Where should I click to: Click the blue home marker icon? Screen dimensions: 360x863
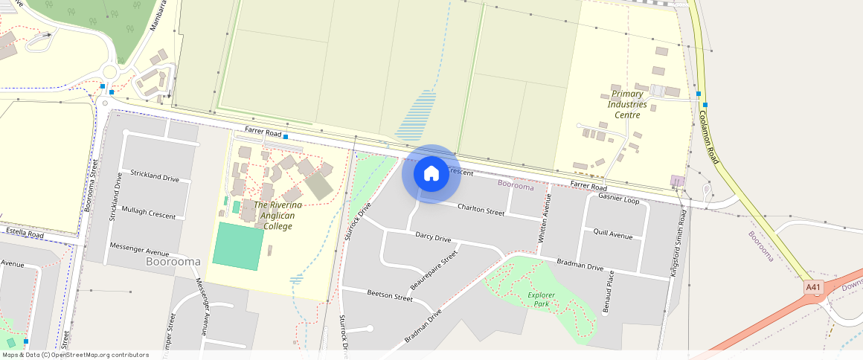tap(431, 174)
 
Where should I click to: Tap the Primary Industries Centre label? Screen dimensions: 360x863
tap(626, 104)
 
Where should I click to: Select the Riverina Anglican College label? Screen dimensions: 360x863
tap(275, 215)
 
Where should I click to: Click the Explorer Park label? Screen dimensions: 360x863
tap(542, 299)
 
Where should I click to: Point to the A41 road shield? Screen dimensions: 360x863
tap(813, 286)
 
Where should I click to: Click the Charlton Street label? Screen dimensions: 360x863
tap(481, 210)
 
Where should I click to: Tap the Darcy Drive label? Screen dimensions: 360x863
tap(433, 238)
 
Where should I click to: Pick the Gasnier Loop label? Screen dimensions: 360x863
tap(618, 200)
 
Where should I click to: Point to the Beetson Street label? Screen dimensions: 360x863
tap(390, 296)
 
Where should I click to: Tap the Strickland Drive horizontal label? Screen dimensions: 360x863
tap(155, 178)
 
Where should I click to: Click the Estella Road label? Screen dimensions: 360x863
tap(25, 234)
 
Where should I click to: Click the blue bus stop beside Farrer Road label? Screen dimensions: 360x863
tap(286, 137)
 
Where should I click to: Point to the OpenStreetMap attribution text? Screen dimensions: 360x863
tap(75, 355)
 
